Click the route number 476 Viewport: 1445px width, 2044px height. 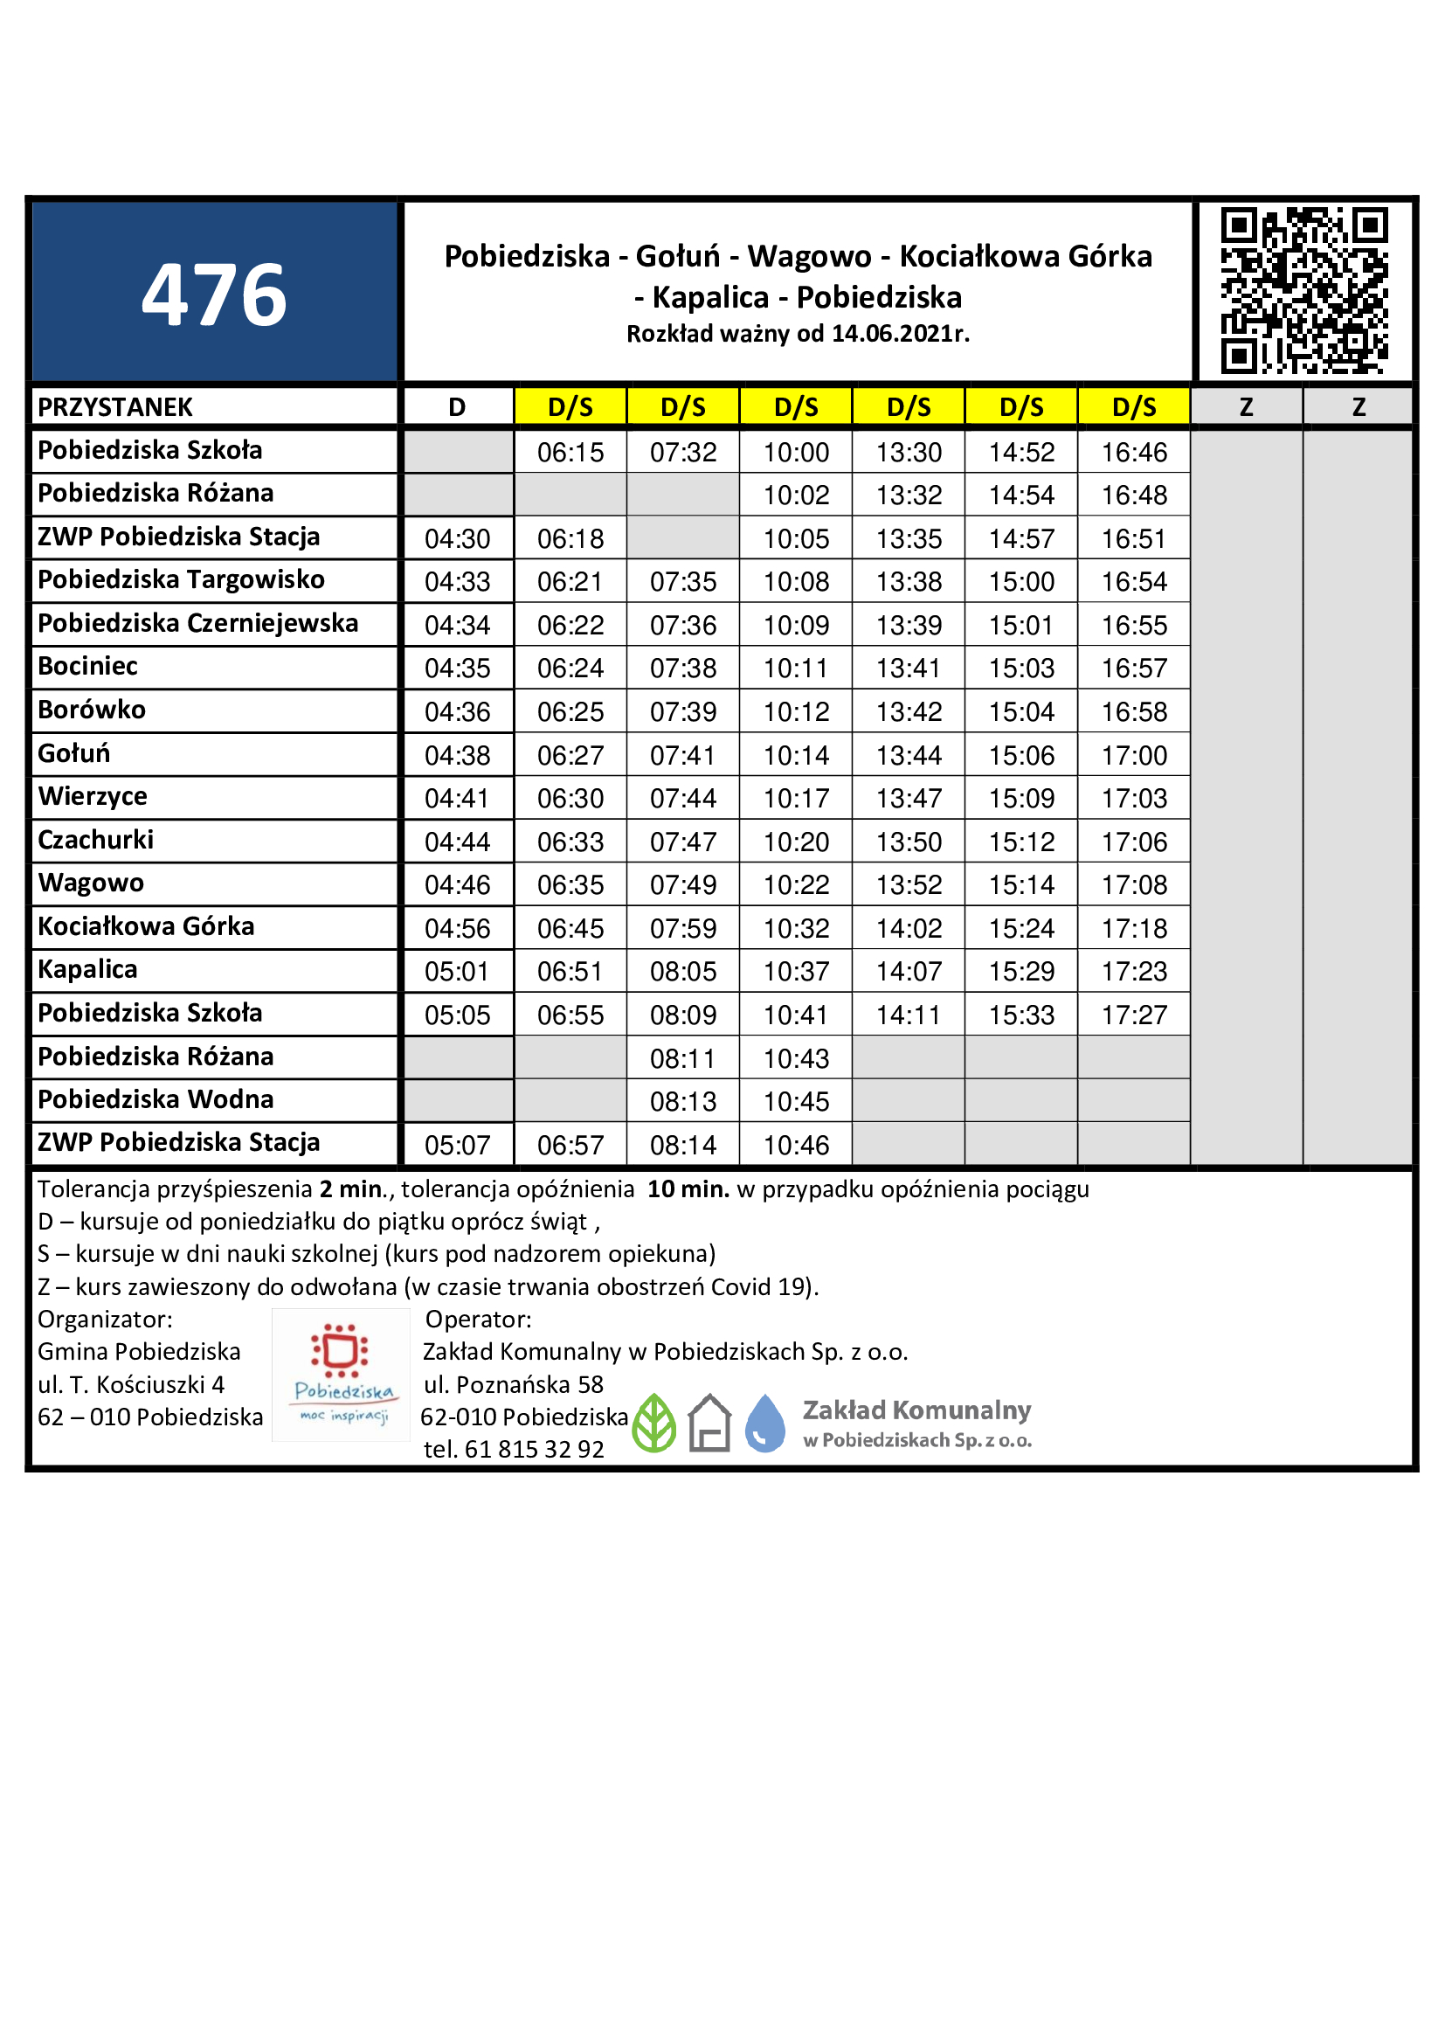tap(213, 294)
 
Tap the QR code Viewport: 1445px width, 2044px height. tap(1303, 290)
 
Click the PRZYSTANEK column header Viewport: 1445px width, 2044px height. tap(114, 407)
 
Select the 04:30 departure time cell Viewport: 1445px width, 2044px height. tap(457, 538)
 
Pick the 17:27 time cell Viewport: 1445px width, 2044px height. tap(1134, 1015)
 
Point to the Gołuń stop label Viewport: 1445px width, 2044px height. tap(74, 753)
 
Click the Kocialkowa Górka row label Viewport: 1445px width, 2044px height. tap(146, 926)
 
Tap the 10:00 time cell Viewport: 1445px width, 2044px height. tap(796, 453)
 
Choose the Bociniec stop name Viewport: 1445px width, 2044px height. tap(87, 667)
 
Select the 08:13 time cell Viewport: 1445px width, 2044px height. tap(682, 1101)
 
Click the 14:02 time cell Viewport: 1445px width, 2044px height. tap(909, 929)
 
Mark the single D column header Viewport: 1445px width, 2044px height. tap(457, 407)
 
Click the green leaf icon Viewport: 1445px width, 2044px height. tap(654, 1423)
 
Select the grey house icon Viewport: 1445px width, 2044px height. tap(709, 1423)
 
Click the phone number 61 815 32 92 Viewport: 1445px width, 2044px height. tap(534, 1449)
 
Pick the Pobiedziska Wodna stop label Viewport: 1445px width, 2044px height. tap(155, 1099)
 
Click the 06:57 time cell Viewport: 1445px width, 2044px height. tap(570, 1145)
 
